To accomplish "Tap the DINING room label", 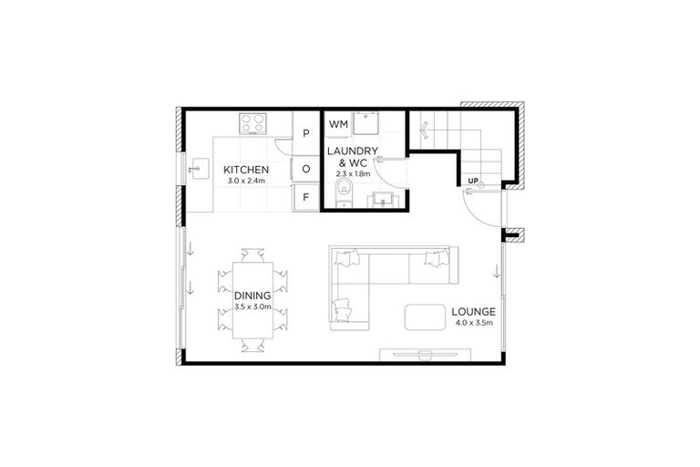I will tap(252, 296).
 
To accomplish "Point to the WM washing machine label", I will tap(338, 123).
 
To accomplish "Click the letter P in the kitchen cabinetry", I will tap(306, 133).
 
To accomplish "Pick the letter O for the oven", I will tap(306, 169).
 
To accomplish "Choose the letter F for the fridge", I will tap(306, 196).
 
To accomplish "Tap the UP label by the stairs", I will tap(472, 181).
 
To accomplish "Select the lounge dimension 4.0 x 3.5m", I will tap(472, 323).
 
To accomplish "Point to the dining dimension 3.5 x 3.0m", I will tap(252, 307).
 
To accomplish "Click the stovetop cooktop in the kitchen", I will tap(252, 122).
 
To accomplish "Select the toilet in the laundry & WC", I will tap(343, 192).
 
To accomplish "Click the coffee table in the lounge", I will tap(425, 317).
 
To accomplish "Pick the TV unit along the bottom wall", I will tap(425, 352).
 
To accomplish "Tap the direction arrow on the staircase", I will tap(422, 130).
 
